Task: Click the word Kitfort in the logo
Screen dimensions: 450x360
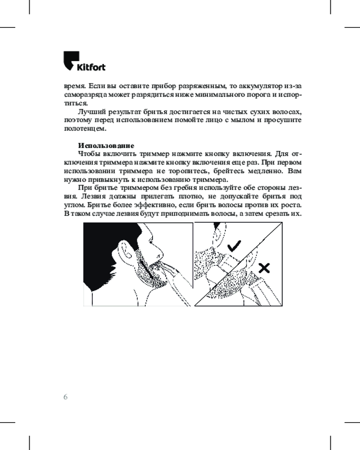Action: (x=90, y=67)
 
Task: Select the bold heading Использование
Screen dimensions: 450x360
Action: (x=106, y=145)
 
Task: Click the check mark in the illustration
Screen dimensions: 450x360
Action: (x=234, y=246)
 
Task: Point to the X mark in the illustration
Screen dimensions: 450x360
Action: (x=265, y=268)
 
